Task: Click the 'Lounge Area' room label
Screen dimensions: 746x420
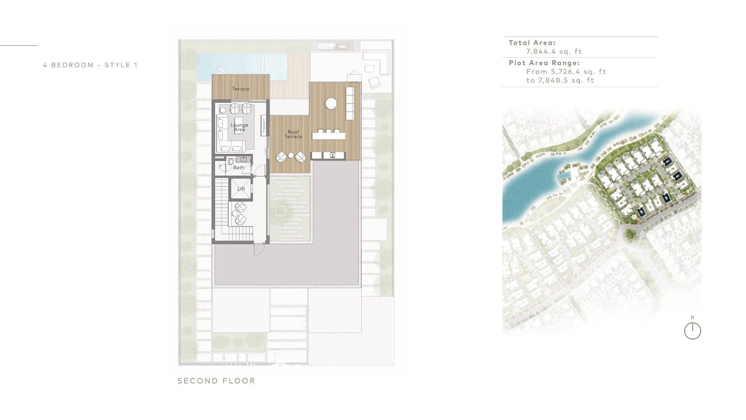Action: [239, 127]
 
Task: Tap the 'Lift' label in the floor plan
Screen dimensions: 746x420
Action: [241, 189]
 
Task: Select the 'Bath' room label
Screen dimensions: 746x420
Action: [239, 168]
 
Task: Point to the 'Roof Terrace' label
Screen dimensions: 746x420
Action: [293, 134]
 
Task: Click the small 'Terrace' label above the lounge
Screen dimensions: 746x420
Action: [241, 89]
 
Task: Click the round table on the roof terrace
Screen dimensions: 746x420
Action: [331, 103]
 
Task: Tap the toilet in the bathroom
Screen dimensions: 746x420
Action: [231, 161]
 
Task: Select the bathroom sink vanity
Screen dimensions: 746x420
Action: [244, 159]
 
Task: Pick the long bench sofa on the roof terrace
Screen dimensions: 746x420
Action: [350, 103]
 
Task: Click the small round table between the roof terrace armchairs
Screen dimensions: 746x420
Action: [291, 156]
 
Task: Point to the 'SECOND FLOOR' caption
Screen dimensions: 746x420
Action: [216, 381]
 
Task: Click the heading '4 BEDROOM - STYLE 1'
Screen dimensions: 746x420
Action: [91, 65]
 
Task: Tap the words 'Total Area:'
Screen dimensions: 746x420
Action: [532, 43]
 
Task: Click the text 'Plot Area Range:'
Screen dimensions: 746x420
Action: [544, 63]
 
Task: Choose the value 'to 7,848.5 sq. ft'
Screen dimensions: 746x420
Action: [560, 80]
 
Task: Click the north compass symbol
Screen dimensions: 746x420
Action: [692, 331]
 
